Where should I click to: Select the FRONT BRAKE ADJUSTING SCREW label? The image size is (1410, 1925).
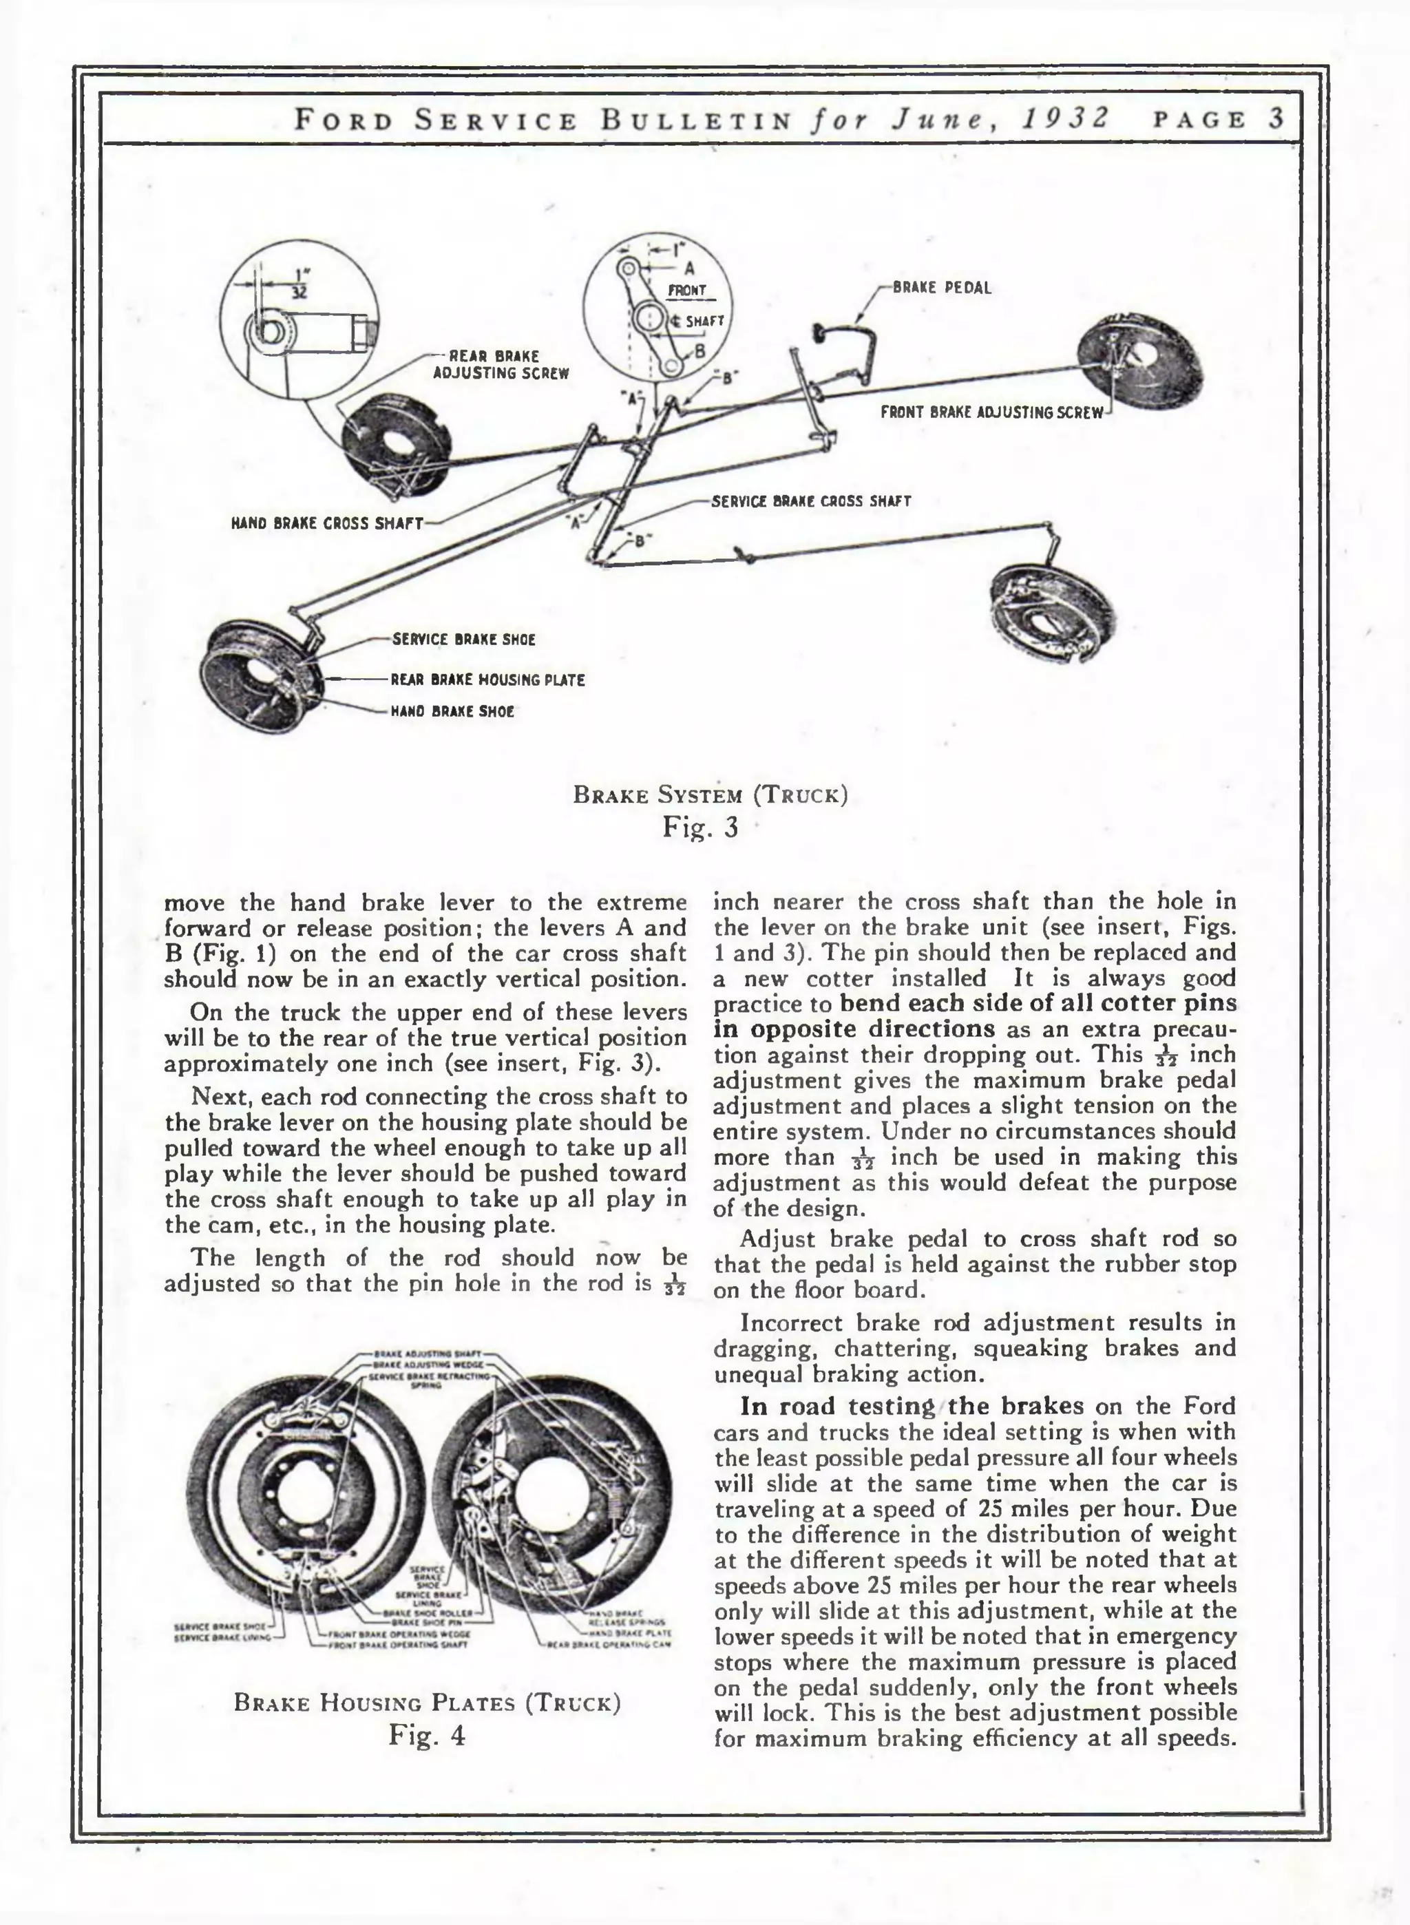tap(992, 413)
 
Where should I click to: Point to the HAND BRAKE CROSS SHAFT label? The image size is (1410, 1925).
tap(327, 523)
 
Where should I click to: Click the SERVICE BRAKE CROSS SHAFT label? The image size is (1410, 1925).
tap(811, 501)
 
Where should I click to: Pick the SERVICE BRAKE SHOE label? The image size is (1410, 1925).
tap(463, 639)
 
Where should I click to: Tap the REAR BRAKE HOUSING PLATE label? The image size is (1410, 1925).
tap(487, 680)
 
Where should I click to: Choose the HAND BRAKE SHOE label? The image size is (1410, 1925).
tap(452, 711)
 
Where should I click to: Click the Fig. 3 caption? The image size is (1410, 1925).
tap(700, 827)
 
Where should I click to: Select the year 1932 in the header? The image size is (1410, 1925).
tap(1066, 118)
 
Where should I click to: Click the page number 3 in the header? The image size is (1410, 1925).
tap(1276, 118)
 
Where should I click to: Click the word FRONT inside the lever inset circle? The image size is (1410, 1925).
tap(687, 290)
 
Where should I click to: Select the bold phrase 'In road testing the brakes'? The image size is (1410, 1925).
tap(912, 1405)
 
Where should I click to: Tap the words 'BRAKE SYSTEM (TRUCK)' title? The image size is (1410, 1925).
tap(710, 795)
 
